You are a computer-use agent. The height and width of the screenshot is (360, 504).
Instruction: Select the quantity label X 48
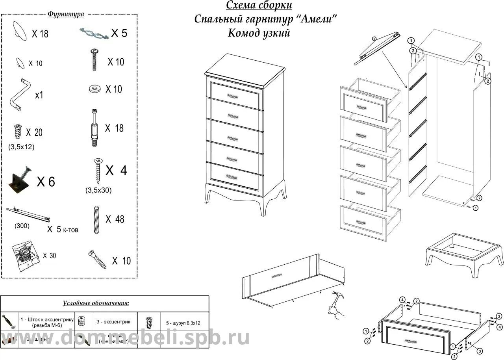[115, 219]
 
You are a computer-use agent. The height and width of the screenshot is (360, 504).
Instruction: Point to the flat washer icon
[94, 89]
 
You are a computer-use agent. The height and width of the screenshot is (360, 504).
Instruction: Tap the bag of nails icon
[24, 256]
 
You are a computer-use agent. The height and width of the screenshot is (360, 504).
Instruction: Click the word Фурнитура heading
[66, 14]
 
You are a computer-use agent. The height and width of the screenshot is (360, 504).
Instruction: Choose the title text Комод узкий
[259, 33]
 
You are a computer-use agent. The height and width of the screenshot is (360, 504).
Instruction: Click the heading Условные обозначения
[96, 303]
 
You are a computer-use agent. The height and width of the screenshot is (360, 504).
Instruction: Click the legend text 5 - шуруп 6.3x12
[183, 323]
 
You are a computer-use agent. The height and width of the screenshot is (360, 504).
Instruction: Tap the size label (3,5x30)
[98, 190]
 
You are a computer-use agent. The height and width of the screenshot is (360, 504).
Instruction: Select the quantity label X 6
[46, 182]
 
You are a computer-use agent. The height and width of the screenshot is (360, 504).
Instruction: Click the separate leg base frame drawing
[464, 254]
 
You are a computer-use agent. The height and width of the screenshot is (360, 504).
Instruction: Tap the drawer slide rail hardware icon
[29, 213]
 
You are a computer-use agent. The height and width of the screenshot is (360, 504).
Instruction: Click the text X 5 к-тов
[63, 229]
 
